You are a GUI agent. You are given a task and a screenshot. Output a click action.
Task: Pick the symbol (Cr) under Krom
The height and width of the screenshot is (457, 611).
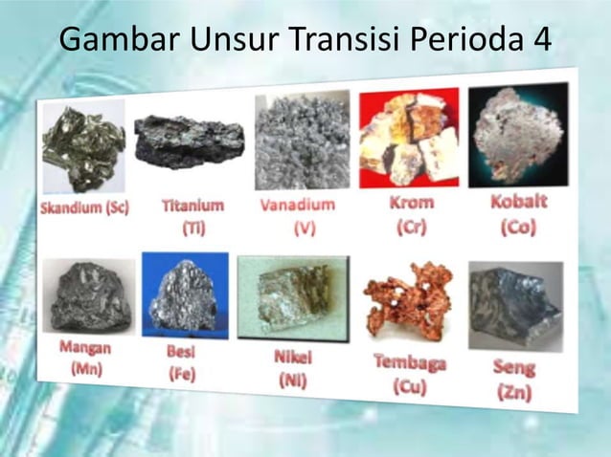(x=411, y=228)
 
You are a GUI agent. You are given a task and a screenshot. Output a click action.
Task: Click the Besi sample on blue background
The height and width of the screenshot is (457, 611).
(x=185, y=294)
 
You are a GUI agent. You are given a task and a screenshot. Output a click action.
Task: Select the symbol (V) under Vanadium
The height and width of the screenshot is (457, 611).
(x=305, y=229)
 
